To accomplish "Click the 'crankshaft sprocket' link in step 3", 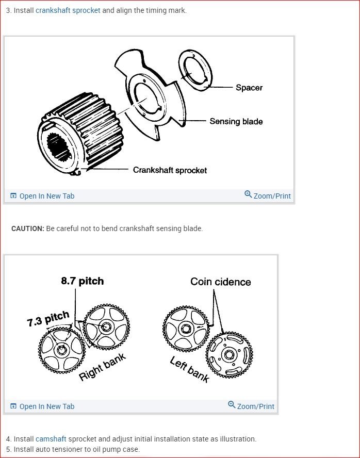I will click(68, 10).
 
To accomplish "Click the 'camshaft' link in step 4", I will click(51, 439).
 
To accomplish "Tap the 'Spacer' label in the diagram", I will click(249, 88).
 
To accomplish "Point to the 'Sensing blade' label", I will click(236, 122).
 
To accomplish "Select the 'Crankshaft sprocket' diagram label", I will click(170, 170).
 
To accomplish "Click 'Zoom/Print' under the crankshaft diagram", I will click(268, 195).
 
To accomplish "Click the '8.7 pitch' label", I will click(82, 281).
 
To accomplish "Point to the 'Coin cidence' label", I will click(220, 282).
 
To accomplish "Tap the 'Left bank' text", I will click(190, 369).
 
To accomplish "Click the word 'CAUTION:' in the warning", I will click(28, 228).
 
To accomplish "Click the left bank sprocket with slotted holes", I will click(229, 355).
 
